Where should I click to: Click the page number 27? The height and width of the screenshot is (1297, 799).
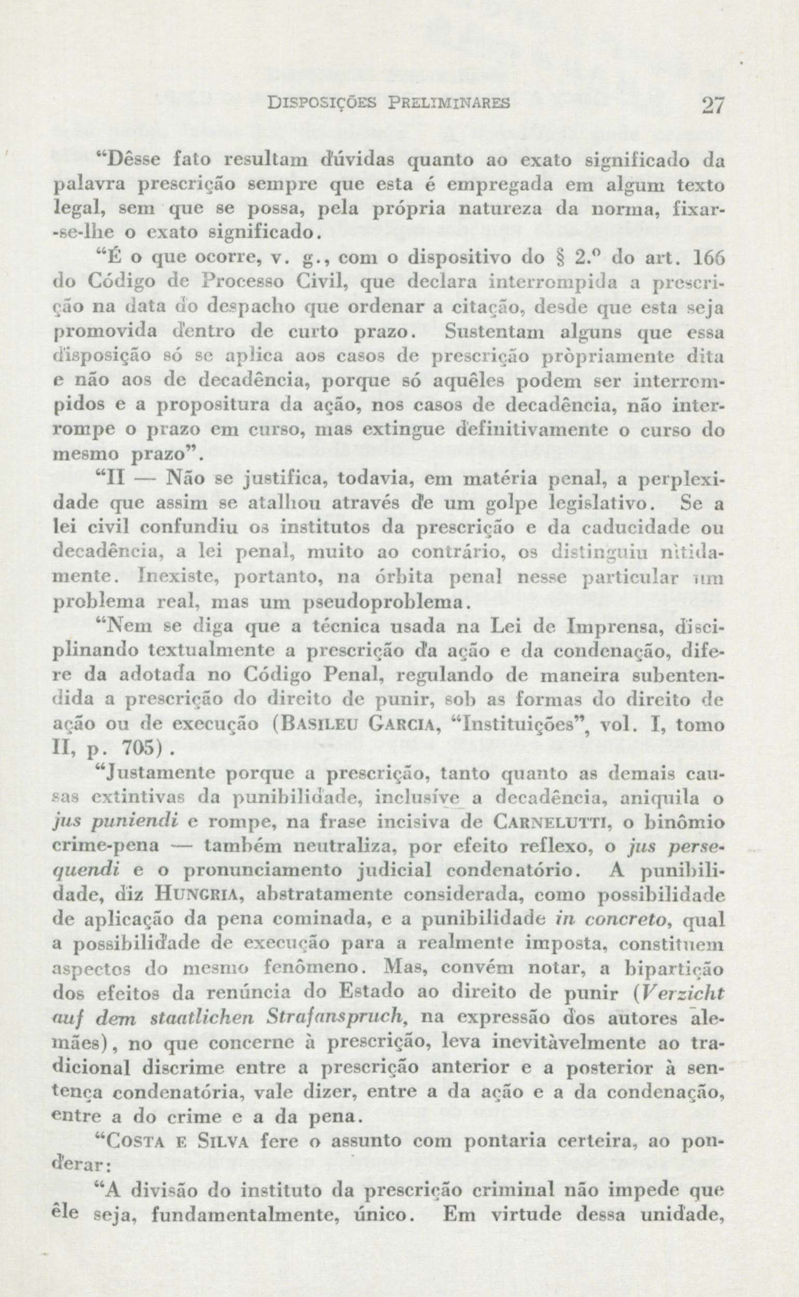click(x=711, y=105)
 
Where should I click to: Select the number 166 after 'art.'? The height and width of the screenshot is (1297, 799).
click(x=708, y=259)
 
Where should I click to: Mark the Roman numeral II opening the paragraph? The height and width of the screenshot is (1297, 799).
click(x=116, y=480)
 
